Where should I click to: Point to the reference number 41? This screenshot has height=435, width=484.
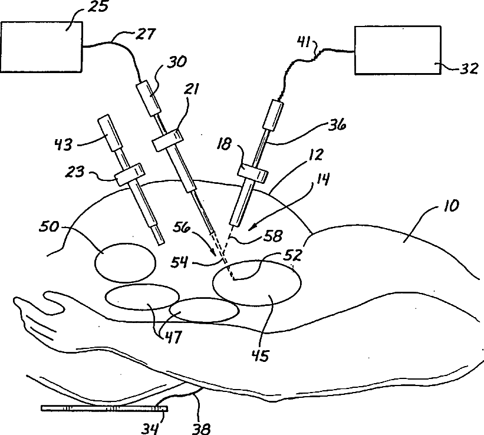(x=304, y=42)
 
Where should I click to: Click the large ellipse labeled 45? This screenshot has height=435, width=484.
(x=257, y=283)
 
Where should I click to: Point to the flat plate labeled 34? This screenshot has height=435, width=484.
(x=104, y=408)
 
